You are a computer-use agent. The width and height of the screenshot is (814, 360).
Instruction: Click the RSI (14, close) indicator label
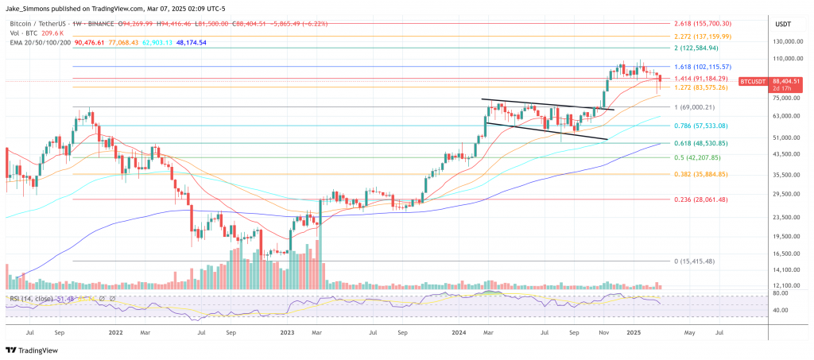32,299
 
